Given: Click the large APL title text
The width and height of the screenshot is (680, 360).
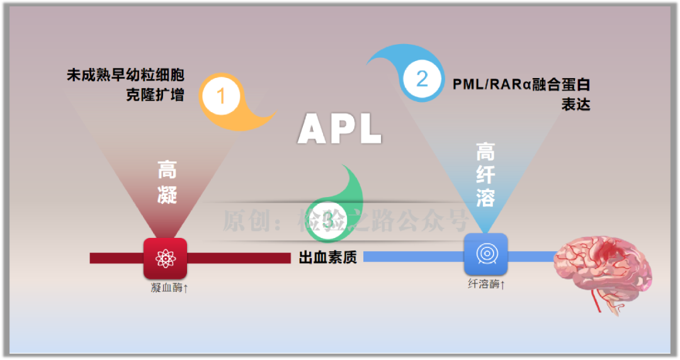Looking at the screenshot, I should pos(340,129).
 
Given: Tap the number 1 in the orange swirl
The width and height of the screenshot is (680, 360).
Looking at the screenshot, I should pos(220,96).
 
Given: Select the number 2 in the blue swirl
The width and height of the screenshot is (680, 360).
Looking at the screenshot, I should pos(422,79).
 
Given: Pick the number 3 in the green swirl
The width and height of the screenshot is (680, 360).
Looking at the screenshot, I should pos(329,220).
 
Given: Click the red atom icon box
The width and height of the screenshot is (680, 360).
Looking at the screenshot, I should pos(165,258).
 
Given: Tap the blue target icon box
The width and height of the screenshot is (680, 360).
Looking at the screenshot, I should pos(485,254).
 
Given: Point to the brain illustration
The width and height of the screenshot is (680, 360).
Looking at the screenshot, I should pos(601,264).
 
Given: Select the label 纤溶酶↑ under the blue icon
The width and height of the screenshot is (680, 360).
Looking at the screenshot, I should pos(487,284).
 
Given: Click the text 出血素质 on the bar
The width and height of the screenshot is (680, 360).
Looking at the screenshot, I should pos(327,257).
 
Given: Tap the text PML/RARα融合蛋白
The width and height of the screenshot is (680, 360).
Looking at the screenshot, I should pos(521,84).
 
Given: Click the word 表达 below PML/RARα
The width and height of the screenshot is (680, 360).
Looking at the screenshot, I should pos(575,104).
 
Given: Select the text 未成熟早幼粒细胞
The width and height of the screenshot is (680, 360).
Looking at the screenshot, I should pos(125,76).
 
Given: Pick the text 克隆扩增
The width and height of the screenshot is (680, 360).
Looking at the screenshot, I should pos(155,96).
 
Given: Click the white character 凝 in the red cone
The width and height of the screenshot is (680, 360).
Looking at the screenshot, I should pos(167,194).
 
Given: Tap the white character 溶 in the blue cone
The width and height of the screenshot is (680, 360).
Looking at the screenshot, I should pos(485,198).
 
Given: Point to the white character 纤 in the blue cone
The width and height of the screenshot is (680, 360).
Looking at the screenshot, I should pos(485,175).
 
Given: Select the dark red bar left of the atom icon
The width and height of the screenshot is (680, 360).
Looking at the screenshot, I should pos(116,258).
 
